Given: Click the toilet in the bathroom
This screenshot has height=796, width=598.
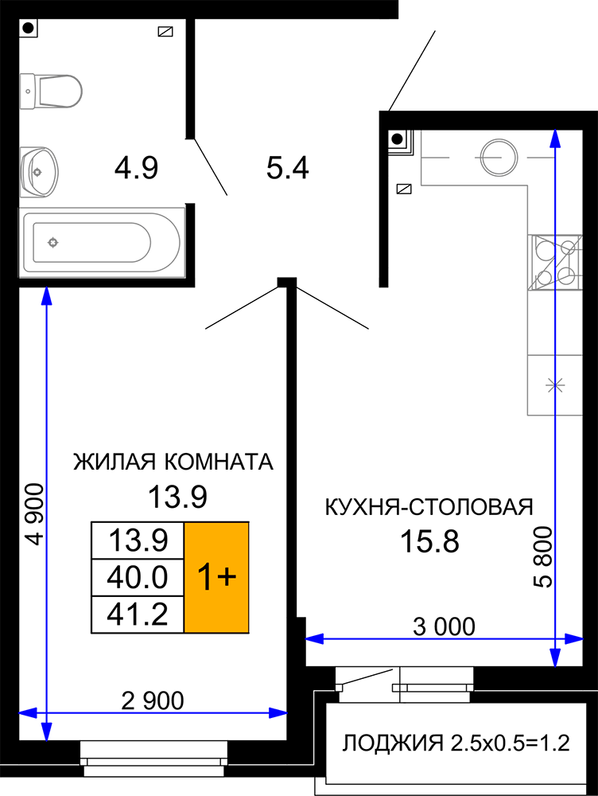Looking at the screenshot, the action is pyautogui.click(x=51, y=92).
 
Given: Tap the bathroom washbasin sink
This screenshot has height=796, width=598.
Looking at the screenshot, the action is pyautogui.click(x=39, y=172).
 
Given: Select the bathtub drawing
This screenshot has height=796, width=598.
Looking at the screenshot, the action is pyautogui.click(x=102, y=242).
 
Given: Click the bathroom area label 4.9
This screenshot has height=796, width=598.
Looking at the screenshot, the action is pyautogui.click(x=136, y=168).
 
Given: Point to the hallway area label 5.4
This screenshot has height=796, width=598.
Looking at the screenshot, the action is pyautogui.click(x=288, y=168).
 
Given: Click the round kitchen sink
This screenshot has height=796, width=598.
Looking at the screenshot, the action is pyautogui.click(x=499, y=156).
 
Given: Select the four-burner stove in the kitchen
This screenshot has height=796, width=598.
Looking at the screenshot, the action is pyautogui.click(x=555, y=263).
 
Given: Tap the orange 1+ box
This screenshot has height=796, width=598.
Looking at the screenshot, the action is pyautogui.click(x=216, y=577).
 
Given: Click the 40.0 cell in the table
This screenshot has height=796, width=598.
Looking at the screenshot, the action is pyautogui.click(x=138, y=577).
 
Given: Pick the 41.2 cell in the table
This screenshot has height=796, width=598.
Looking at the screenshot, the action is pyautogui.click(x=138, y=615).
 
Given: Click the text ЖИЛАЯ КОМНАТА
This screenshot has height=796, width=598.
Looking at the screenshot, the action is pyautogui.click(x=173, y=462).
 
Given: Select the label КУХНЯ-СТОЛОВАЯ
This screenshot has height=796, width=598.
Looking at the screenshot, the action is pyautogui.click(x=429, y=506).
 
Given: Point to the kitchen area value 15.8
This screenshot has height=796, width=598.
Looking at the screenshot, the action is pyautogui.click(x=429, y=541).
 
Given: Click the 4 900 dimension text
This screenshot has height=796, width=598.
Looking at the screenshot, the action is pyautogui.click(x=35, y=514).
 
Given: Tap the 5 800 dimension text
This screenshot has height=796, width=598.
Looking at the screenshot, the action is pyautogui.click(x=542, y=557).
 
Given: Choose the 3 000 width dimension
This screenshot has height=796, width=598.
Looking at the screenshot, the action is pyautogui.click(x=444, y=626).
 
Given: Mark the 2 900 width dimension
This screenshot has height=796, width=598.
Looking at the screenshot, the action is pyautogui.click(x=153, y=701).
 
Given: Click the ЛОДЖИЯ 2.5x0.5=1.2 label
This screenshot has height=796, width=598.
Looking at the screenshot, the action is pyautogui.click(x=456, y=743).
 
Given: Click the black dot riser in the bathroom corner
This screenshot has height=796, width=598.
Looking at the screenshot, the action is pyautogui.click(x=29, y=29).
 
